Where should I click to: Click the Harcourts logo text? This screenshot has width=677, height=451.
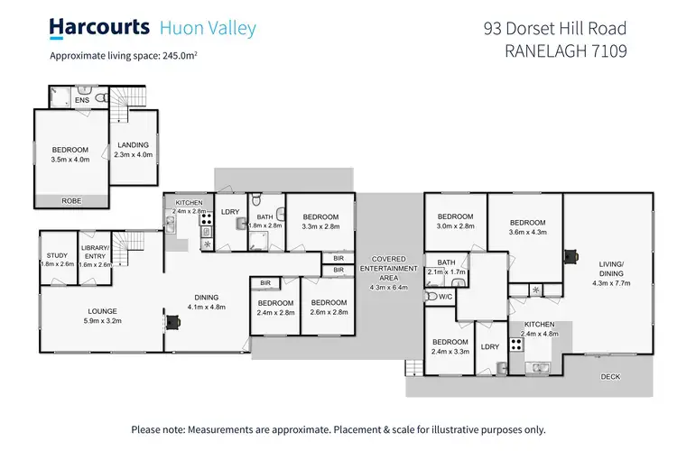pyautogui.click(x=99, y=28)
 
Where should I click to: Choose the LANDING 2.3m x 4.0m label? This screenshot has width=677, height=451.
pyautogui.click(x=132, y=150)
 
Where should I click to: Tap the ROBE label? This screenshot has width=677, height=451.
pyautogui.click(x=69, y=201)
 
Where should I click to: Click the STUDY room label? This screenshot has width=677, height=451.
pyautogui.click(x=59, y=260)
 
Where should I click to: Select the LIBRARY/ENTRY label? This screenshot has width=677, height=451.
pyautogui.click(x=95, y=255)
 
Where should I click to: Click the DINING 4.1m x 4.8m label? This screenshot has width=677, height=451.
pyautogui.click(x=207, y=302)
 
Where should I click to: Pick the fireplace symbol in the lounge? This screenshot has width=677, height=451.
pyautogui.click(x=171, y=320)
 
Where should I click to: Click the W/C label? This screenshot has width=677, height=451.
pyautogui.click(x=444, y=296)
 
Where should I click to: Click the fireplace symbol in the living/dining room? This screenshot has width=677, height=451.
pyautogui.click(x=570, y=254)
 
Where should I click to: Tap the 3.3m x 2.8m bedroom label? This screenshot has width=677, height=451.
pyautogui.click(x=320, y=222)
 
